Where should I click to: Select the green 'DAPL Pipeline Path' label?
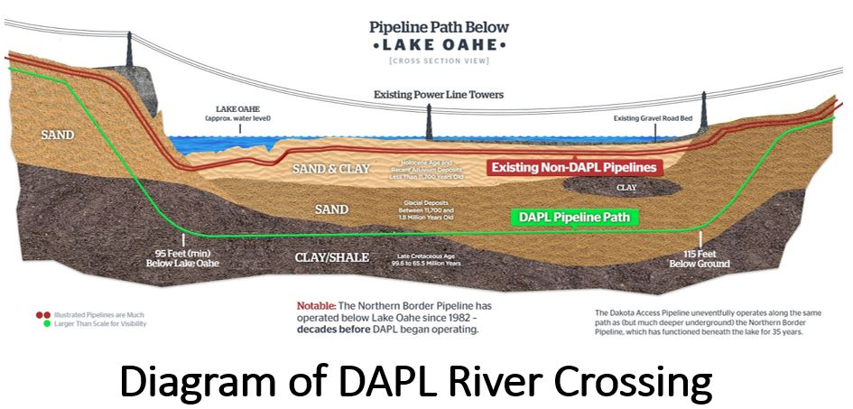(575, 218)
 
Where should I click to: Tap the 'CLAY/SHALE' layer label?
(332, 257)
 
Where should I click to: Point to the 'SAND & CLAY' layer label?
(331, 169)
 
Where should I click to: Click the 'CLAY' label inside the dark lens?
(626, 188)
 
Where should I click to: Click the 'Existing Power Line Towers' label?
(440, 95)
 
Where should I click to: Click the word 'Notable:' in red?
(319, 306)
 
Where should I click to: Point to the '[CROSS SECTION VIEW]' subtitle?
(439, 60)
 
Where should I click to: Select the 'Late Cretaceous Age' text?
(428, 256)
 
